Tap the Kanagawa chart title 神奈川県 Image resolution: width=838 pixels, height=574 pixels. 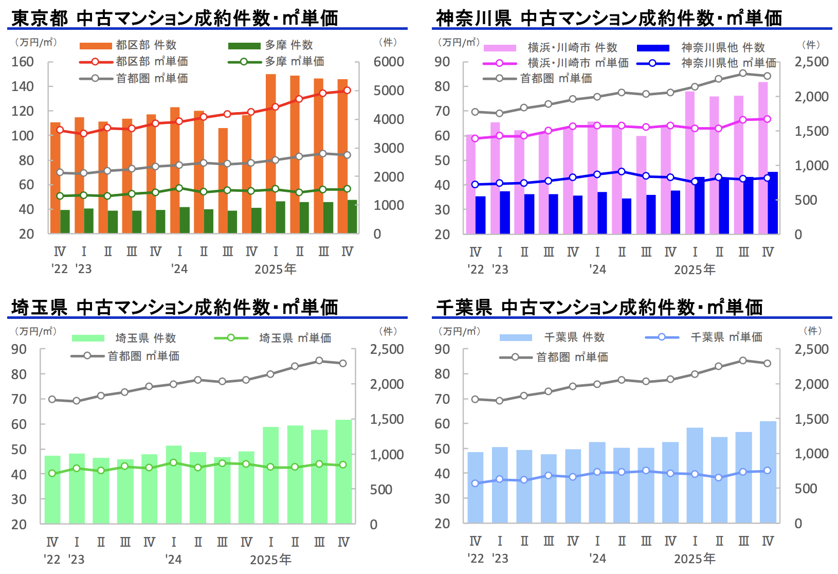coord(473,19)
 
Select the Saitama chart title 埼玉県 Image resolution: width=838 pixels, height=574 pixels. coord(39,308)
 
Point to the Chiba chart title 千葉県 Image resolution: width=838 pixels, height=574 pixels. coord(464,308)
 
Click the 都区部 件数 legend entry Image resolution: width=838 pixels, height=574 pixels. coord(129,45)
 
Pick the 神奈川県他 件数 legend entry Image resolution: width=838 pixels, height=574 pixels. coord(702,48)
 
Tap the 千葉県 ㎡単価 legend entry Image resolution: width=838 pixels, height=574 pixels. coord(704,337)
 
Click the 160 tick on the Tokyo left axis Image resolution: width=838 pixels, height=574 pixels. coord(23,62)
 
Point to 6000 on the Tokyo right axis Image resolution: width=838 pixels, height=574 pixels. coord(389,62)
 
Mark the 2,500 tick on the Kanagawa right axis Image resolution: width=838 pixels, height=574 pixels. coord(812,62)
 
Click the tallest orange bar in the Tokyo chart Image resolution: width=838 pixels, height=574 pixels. coord(271,154)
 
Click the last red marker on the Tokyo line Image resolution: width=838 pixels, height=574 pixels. coord(347,91)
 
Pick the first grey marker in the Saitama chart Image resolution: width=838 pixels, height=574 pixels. coord(52,399)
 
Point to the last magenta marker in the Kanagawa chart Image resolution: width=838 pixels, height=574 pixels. coord(767,119)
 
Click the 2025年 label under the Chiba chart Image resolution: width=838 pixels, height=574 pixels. coord(695,559)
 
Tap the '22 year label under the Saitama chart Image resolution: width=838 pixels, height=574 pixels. coord(52,559)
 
